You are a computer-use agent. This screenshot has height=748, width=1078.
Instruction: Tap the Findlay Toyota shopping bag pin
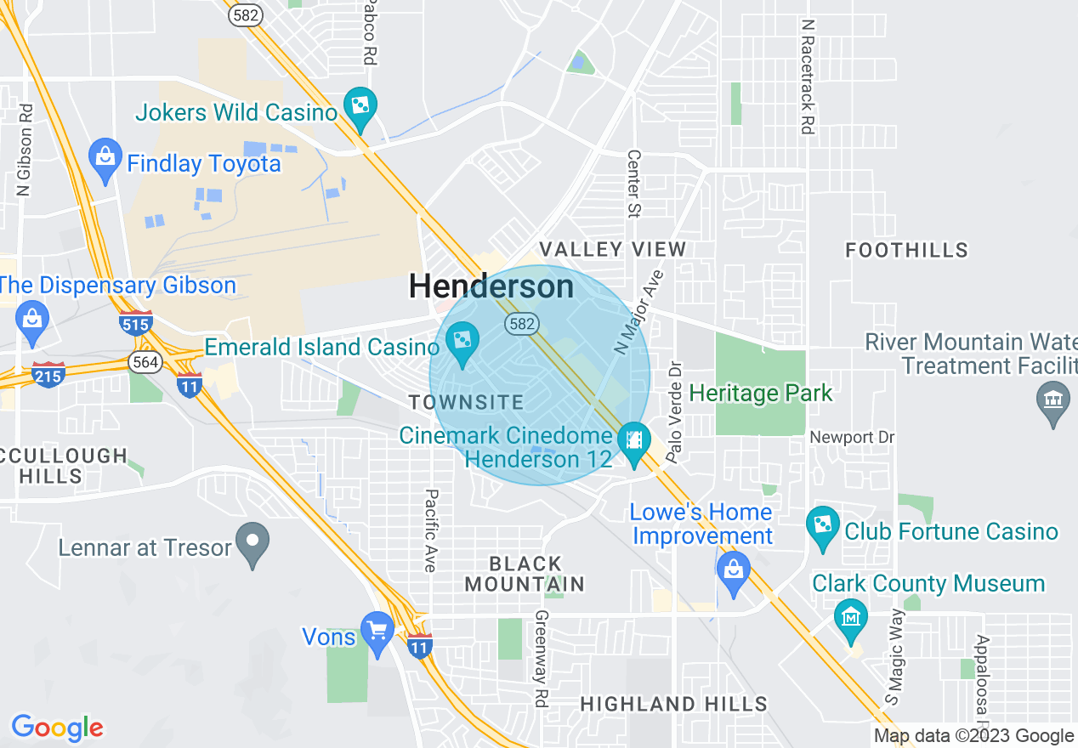tap(105, 159)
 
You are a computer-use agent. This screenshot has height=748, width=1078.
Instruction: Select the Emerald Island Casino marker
tap(462, 343)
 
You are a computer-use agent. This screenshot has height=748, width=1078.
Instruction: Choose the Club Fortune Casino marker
tap(822, 527)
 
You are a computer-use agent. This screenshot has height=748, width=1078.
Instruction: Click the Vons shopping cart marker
tap(377, 632)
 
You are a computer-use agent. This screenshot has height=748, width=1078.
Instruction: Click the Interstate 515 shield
tap(136, 323)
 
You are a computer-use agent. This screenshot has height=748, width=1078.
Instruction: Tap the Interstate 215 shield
tap(48, 374)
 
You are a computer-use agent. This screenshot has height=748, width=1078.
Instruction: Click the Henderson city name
tap(491, 286)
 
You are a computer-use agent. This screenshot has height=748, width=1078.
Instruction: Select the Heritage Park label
tap(761, 394)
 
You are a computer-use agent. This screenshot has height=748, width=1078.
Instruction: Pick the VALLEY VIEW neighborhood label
tap(613, 249)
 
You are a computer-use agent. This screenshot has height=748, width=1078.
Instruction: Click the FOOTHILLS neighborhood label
tap(907, 250)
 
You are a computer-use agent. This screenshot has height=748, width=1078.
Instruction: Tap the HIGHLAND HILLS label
tap(674, 704)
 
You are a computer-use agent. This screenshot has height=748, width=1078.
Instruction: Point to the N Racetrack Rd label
tap(808, 77)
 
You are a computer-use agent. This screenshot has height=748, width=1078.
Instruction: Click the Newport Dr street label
tap(853, 437)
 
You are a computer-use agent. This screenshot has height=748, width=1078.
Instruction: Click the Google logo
tap(57, 728)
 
